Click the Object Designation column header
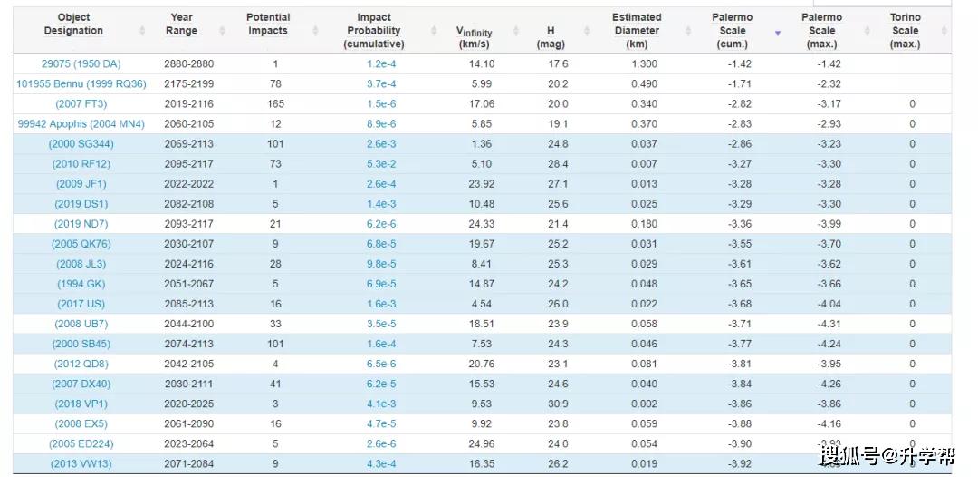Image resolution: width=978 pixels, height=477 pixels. pyautogui.click(x=73, y=24)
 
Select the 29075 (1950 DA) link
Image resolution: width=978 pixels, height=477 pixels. pyautogui.click(x=81, y=63)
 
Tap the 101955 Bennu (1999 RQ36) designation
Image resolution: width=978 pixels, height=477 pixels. pyautogui.click(x=81, y=83)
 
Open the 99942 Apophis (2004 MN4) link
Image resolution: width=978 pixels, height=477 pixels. pyautogui.click(x=81, y=123)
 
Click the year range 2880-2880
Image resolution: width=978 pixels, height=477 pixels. pyautogui.click(x=189, y=63)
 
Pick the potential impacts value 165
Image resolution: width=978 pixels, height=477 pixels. pyautogui.click(x=275, y=103)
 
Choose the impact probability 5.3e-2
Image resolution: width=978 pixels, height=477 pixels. pyautogui.click(x=381, y=163)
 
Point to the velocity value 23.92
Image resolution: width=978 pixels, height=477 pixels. pyautogui.click(x=482, y=183)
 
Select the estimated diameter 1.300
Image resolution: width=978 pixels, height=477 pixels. pyautogui.click(x=645, y=63)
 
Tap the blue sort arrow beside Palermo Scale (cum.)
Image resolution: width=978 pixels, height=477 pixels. pyautogui.click(x=778, y=33)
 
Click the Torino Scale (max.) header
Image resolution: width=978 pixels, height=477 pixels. pyautogui.click(x=905, y=31)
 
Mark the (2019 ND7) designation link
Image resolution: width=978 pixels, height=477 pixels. pyautogui.click(x=81, y=223)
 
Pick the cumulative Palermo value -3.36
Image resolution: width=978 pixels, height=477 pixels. pyautogui.click(x=740, y=223)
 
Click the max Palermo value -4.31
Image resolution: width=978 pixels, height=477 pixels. pyautogui.click(x=829, y=324)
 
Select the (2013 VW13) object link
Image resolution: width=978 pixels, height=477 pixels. pyautogui.click(x=81, y=463)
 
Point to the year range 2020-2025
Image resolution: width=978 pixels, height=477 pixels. pyautogui.click(x=189, y=404)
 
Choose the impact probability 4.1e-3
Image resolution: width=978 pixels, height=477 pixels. pyautogui.click(x=381, y=404)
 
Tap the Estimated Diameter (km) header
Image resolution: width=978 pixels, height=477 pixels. pyautogui.click(x=637, y=31)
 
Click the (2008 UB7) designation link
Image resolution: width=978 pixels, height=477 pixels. pyautogui.click(x=81, y=324)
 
